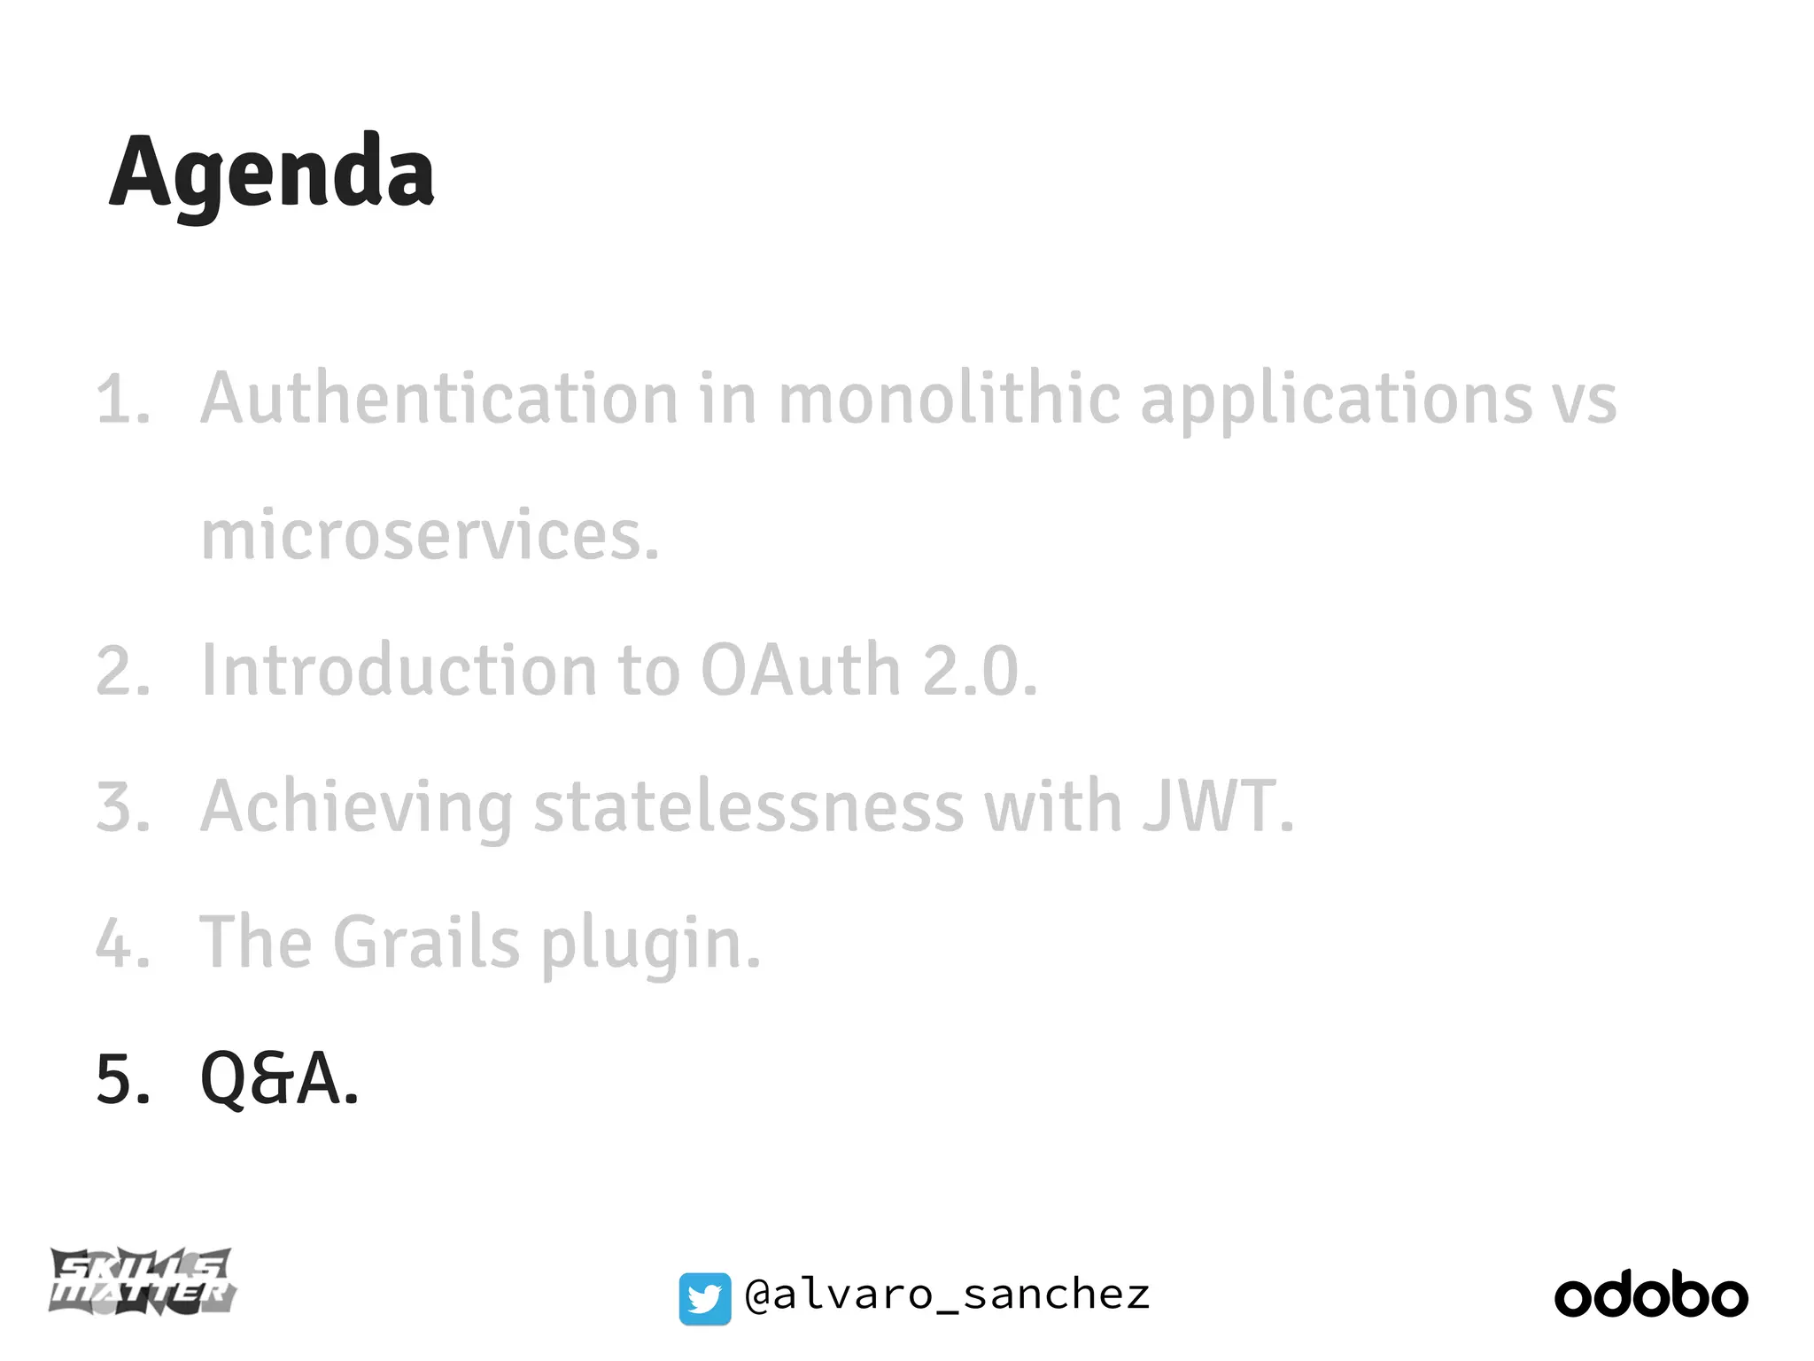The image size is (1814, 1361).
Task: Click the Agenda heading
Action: click(x=271, y=172)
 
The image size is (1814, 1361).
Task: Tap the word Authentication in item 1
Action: click(x=439, y=399)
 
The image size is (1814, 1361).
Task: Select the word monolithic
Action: click(x=949, y=399)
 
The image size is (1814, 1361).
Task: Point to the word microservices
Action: click(x=430, y=535)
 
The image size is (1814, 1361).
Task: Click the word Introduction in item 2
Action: click(x=399, y=671)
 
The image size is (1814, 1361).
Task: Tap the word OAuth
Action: click(x=801, y=671)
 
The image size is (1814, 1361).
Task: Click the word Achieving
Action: click(x=356, y=808)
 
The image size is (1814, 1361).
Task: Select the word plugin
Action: click(x=650, y=945)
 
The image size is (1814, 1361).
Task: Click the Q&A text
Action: click(x=279, y=1079)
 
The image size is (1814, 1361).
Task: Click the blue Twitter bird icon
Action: click(x=705, y=1299)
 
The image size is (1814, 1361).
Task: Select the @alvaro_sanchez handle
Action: click(x=948, y=1295)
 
